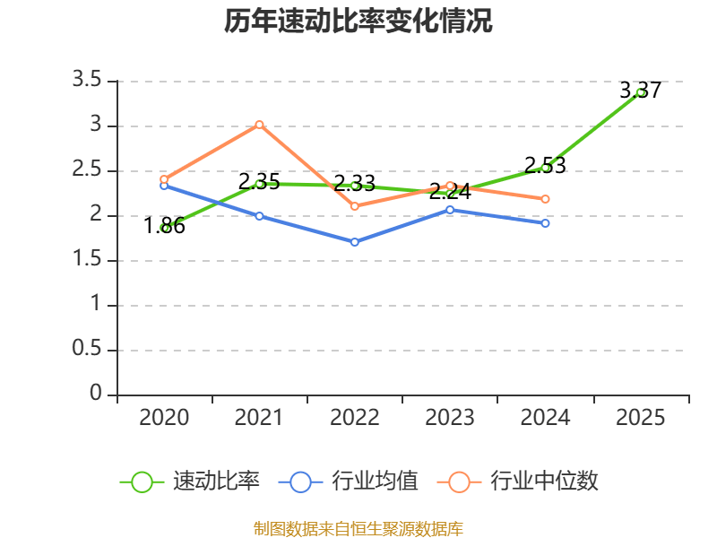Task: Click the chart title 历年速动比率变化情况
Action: (x=358, y=22)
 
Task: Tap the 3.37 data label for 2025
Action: (x=640, y=90)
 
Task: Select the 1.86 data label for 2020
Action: (x=165, y=226)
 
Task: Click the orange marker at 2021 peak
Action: (x=259, y=125)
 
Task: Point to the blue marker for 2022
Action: (x=355, y=242)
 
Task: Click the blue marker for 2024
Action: (x=545, y=222)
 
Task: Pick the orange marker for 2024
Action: (x=545, y=199)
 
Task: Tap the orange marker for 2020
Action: (x=164, y=179)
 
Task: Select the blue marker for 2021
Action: (x=259, y=216)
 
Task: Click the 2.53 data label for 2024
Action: (x=545, y=165)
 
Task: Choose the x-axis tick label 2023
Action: (x=450, y=418)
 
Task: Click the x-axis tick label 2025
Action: (x=641, y=418)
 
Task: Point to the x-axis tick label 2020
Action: (x=164, y=418)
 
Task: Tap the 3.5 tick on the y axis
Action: (x=87, y=81)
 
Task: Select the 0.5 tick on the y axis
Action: (x=87, y=350)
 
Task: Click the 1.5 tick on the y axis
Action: (x=87, y=260)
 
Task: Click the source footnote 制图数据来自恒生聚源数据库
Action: (x=358, y=528)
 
